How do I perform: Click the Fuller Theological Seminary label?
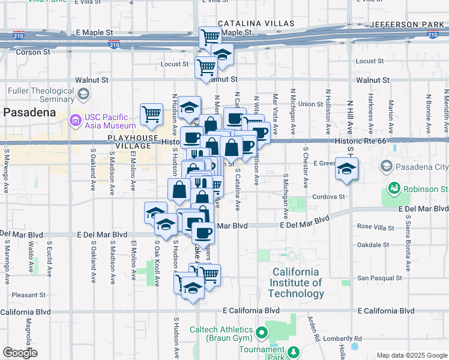(40, 95)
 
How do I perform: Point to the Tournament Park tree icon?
(294, 351)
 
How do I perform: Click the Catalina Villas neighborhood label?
(256, 23)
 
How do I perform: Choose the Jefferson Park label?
(408, 24)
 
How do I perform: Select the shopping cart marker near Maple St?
(210, 37)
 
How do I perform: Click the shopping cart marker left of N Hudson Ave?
(151, 114)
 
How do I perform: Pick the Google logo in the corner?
(20, 353)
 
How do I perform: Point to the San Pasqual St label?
(379, 278)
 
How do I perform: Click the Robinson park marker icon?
(394, 189)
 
